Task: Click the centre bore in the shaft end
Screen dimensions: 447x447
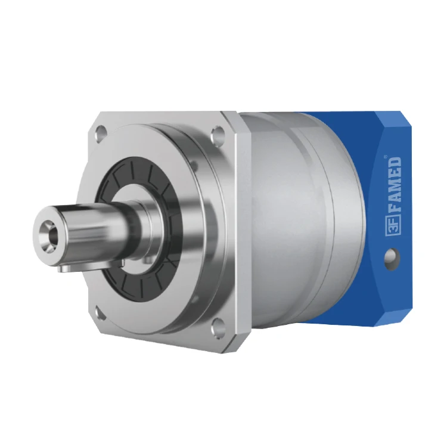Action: [x=47, y=229]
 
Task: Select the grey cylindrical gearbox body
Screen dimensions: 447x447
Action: [x=292, y=221]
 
